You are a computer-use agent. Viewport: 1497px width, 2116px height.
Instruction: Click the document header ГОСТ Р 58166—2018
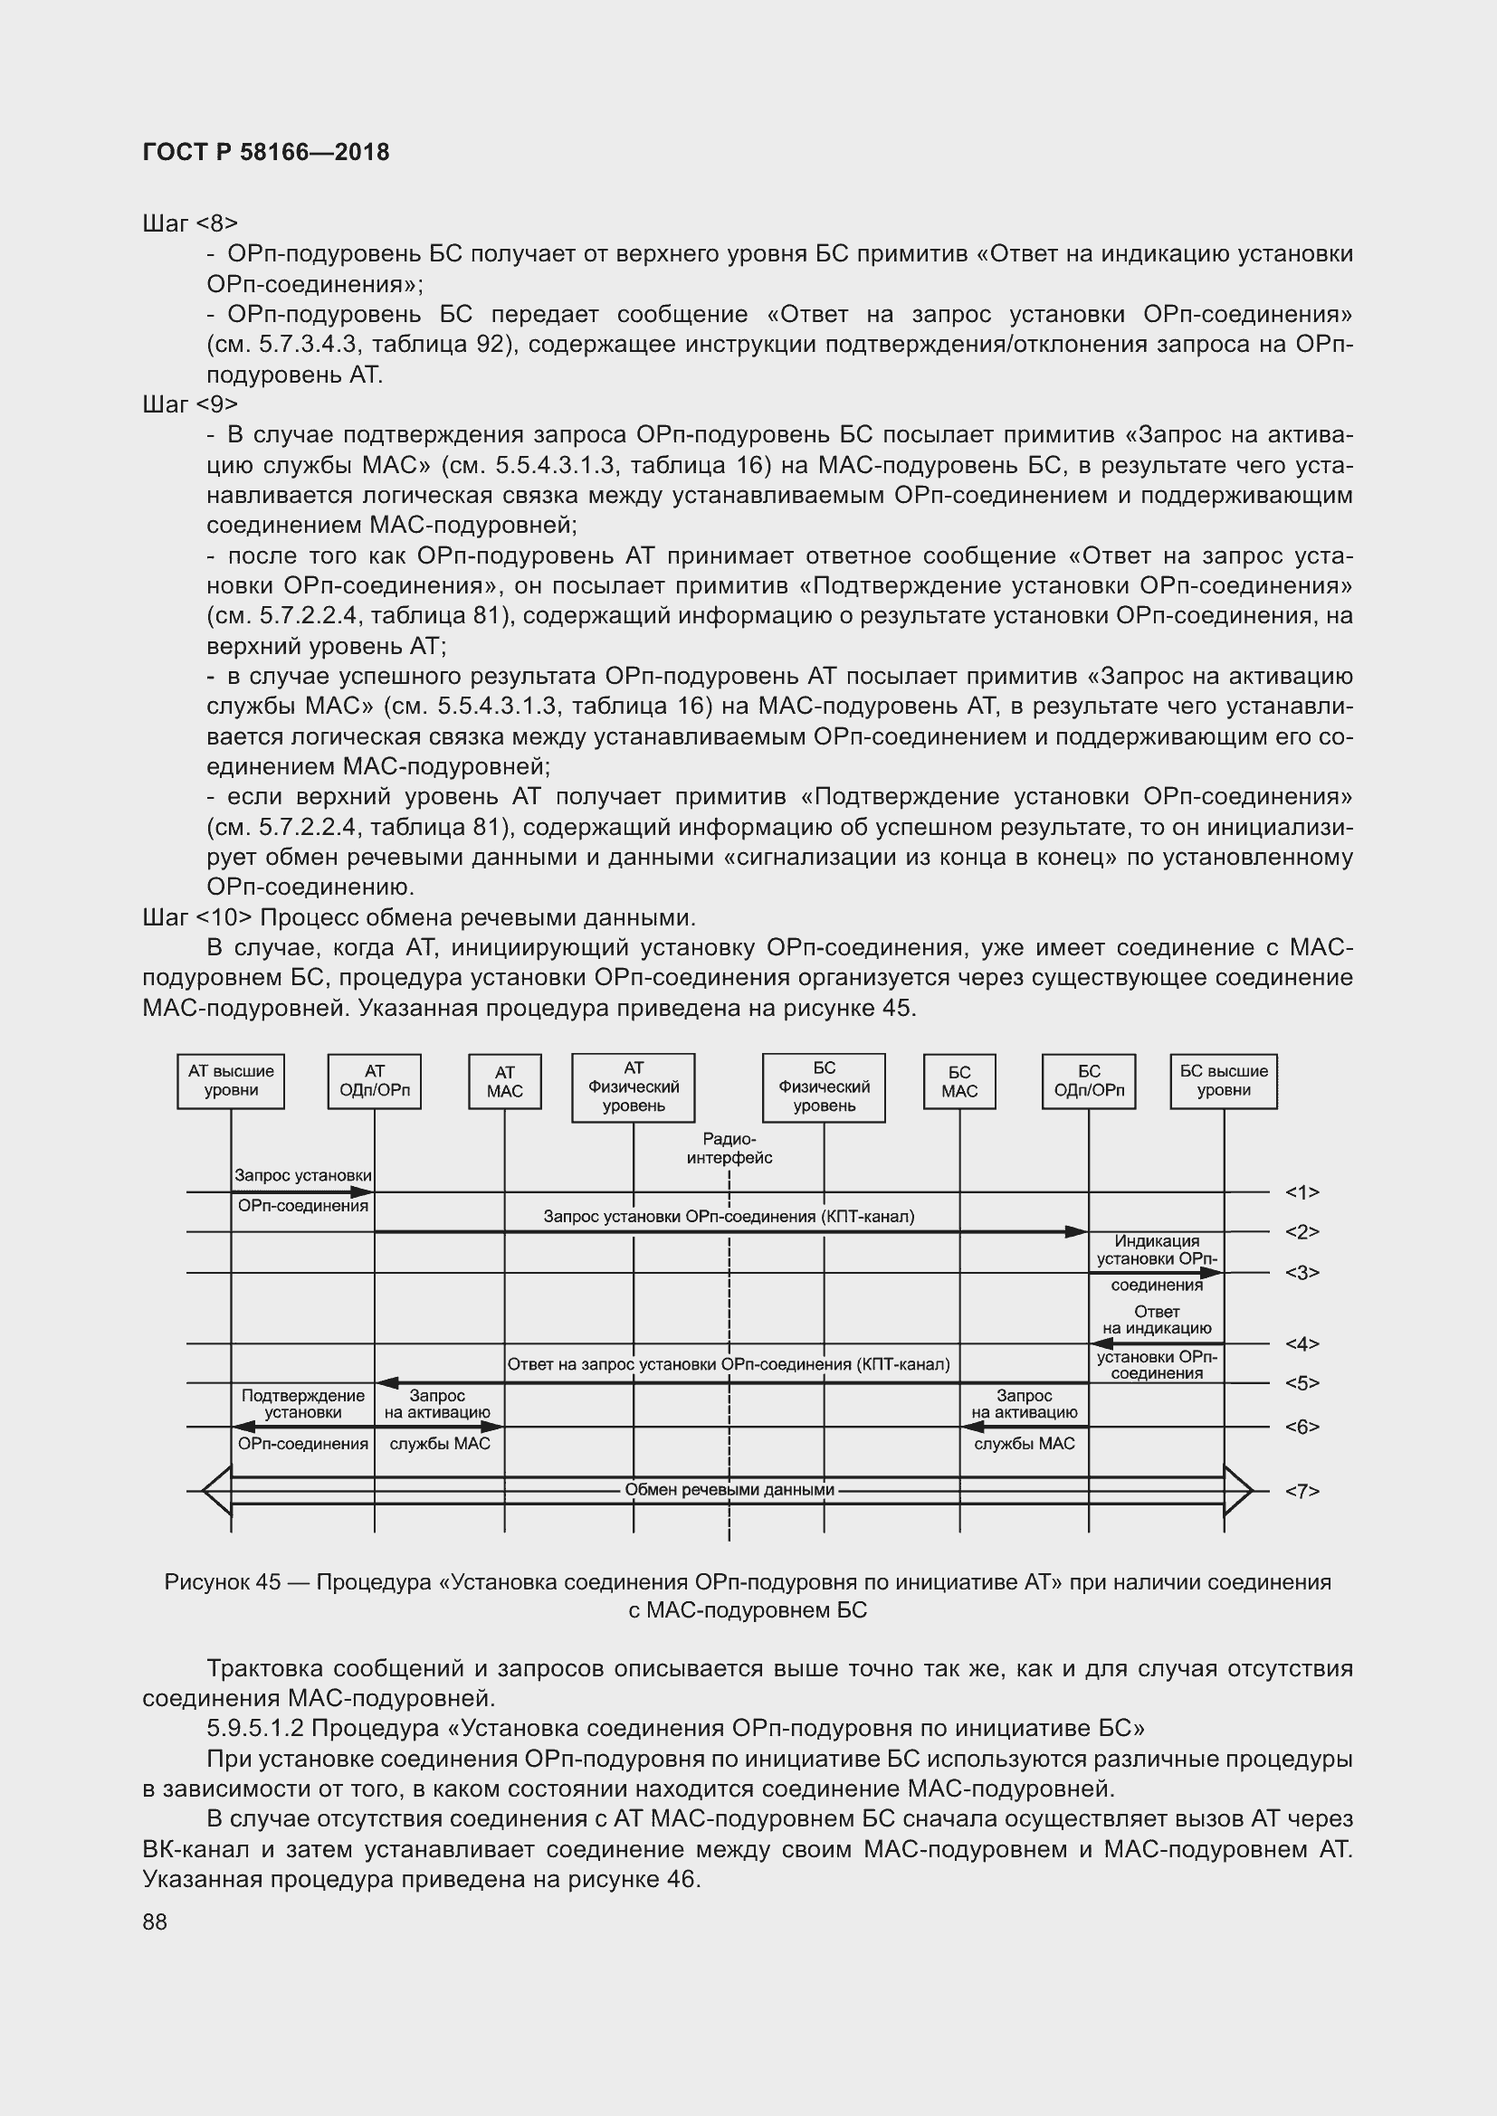coord(265,152)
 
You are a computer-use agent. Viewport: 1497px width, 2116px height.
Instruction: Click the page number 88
coord(155,1921)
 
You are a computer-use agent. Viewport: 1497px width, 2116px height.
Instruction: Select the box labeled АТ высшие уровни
coord(231,1081)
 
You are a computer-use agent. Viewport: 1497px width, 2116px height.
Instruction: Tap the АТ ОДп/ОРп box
coord(375,1081)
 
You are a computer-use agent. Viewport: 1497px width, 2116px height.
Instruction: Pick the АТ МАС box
coord(504,1082)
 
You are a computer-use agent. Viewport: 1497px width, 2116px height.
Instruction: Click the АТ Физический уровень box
coord(634,1087)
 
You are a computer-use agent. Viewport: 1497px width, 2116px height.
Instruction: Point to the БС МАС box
coord(958,1082)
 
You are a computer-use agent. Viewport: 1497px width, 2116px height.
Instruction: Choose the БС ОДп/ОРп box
coord(1089,1081)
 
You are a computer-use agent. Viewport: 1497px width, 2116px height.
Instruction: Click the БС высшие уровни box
coord(1224,1081)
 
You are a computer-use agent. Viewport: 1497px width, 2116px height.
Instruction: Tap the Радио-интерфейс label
coord(729,1148)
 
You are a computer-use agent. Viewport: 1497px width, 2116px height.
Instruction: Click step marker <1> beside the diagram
coord(1302,1192)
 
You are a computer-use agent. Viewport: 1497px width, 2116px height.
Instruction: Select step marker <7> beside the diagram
coord(1302,1490)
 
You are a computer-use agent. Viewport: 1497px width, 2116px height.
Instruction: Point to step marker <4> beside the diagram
coord(1302,1343)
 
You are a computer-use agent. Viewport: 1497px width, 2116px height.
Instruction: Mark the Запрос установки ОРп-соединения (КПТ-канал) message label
coord(729,1217)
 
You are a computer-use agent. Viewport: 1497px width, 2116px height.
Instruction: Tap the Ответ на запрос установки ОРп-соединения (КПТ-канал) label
coord(729,1364)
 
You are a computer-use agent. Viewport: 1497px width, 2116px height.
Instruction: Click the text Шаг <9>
coord(190,403)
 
